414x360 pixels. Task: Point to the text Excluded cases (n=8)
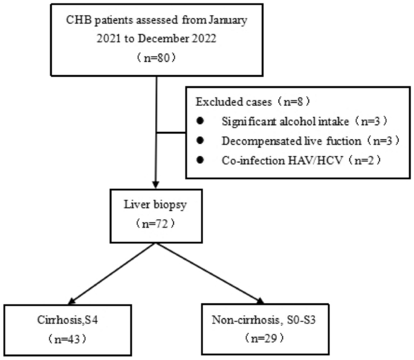tap(250, 100)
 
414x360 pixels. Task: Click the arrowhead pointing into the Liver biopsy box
tap(156, 185)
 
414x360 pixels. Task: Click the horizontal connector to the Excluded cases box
tap(170, 132)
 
